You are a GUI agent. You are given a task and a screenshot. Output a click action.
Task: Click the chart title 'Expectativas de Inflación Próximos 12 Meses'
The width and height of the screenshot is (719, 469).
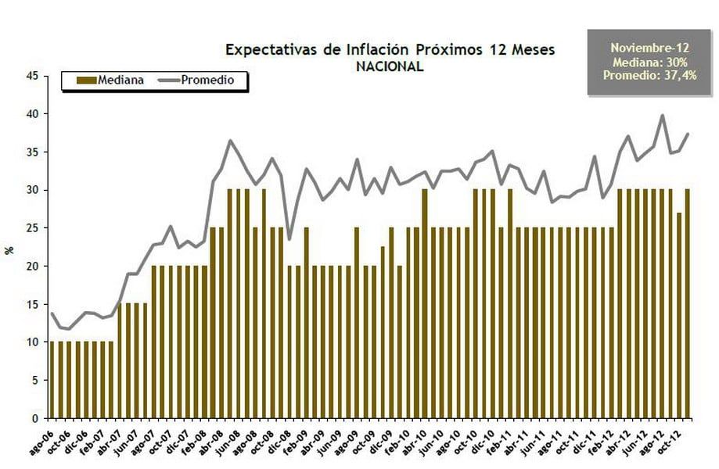(x=390, y=50)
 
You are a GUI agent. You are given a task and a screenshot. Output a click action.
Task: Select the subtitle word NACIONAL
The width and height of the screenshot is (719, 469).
(x=390, y=67)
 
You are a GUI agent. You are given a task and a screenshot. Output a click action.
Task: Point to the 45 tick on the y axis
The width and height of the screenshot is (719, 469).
(x=32, y=76)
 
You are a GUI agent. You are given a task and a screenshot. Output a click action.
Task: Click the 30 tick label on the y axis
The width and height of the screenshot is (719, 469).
(x=32, y=190)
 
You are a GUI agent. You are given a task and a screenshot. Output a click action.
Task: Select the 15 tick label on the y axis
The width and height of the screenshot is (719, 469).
(x=32, y=304)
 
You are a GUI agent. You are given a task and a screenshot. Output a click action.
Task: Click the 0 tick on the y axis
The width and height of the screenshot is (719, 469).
(x=35, y=418)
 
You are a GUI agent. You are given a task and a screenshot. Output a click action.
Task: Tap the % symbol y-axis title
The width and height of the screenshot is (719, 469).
(x=10, y=251)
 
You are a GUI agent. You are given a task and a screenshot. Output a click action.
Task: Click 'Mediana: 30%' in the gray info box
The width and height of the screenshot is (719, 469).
(x=644, y=61)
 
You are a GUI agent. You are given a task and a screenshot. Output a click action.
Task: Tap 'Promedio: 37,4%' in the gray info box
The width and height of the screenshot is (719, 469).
(x=644, y=74)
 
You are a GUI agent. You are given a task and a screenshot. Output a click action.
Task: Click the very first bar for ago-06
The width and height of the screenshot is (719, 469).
(x=52, y=379)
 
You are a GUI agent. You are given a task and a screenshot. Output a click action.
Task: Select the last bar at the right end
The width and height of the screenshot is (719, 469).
(x=688, y=305)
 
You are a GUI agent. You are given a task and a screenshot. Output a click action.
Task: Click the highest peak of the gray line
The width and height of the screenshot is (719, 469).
(x=663, y=116)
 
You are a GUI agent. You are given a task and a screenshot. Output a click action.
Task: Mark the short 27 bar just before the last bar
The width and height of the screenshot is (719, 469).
(x=679, y=317)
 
